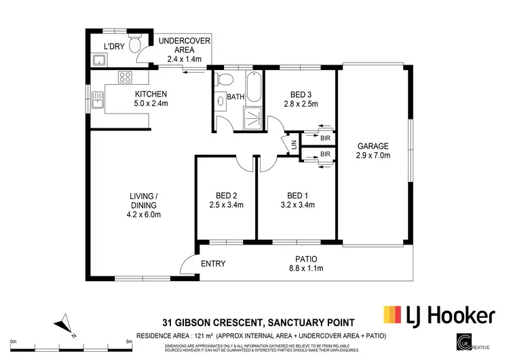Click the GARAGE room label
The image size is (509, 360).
pyautogui.click(x=373, y=146)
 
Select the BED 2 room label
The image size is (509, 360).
pyautogui.click(x=225, y=194)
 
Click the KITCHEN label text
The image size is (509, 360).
pyautogui.click(x=151, y=94)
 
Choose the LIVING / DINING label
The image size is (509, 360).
pyautogui.click(x=144, y=200)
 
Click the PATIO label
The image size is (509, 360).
pyautogui.click(x=307, y=259)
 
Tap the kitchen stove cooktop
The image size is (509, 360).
pyautogui.click(x=125, y=76)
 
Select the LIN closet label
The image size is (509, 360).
pyautogui.click(x=294, y=144)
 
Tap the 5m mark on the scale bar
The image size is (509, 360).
pyautogui.click(x=129, y=342)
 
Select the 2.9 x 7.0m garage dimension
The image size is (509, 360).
pyautogui.click(x=373, y=156)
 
